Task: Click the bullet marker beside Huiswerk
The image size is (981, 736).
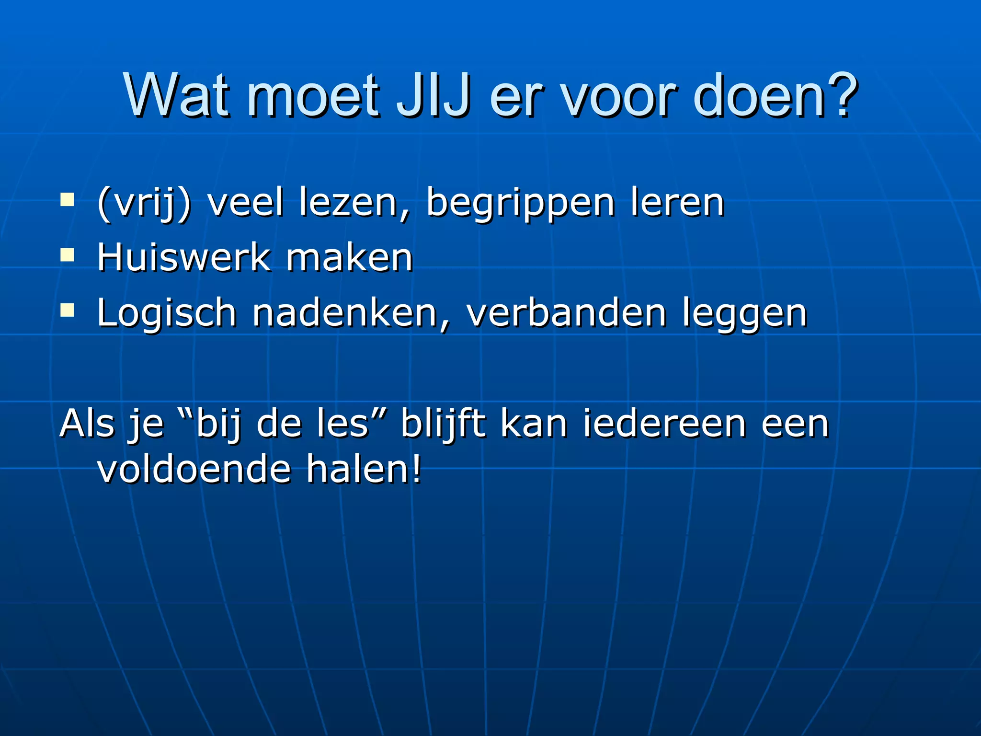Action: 68,255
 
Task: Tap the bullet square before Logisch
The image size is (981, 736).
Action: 68,310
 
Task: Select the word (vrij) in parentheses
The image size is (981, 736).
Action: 144,203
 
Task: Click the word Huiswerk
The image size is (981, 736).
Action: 183,258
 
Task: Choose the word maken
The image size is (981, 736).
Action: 349,258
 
